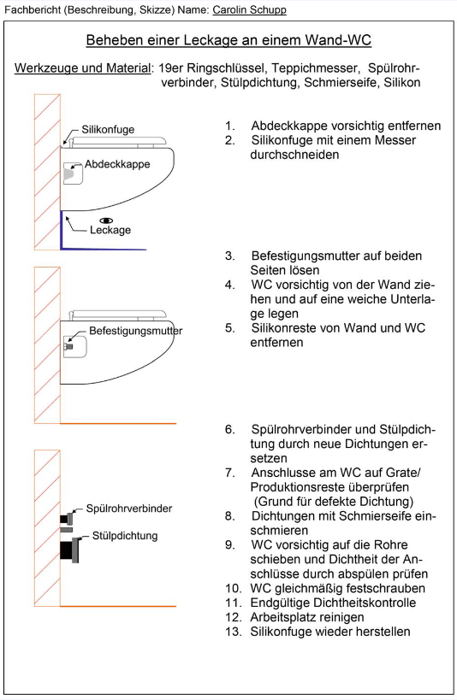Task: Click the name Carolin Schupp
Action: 250,9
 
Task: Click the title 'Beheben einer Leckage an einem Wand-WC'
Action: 228,40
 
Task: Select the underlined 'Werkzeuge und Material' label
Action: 83,68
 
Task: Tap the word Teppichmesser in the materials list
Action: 315,68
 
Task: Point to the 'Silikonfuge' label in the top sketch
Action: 108,129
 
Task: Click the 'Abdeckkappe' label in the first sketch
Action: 117,164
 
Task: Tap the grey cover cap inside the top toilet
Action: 68,174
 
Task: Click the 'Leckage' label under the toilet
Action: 110,230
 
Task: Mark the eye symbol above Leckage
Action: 106,221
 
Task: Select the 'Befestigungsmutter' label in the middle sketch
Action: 136,331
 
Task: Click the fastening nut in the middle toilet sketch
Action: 68,346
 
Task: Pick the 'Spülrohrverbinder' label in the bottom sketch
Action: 128,509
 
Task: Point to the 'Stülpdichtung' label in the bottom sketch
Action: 125,536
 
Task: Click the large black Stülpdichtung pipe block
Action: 66,550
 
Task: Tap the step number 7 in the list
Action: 229,473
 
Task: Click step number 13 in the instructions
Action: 233,632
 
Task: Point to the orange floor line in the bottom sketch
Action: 118,606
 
